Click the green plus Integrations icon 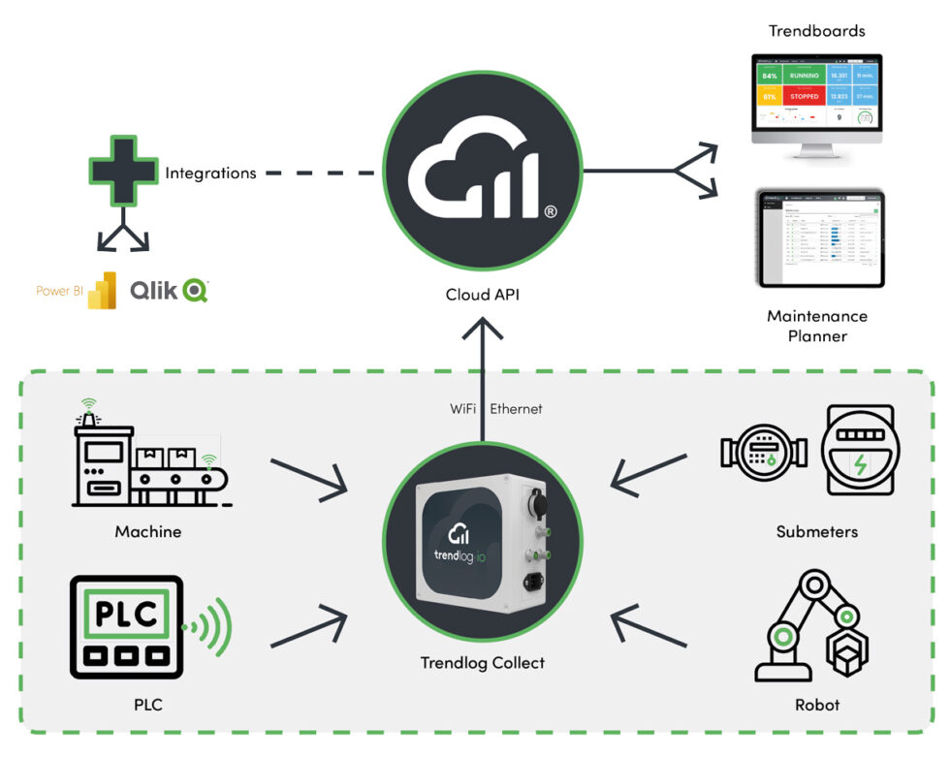pos(122,172)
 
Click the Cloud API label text pos(482,294)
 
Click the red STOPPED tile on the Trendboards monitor pos(804,96)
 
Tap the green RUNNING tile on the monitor pos(804,75)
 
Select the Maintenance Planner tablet pos(820,238)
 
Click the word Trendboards pos(816,31)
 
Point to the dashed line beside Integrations pos(319,174)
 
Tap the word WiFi pos(461,409)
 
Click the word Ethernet pos(516,409)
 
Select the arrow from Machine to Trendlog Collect pos(309,475)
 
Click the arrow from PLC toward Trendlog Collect pos(309,626)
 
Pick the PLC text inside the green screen pos(126,614)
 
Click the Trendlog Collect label pos(482,663)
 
